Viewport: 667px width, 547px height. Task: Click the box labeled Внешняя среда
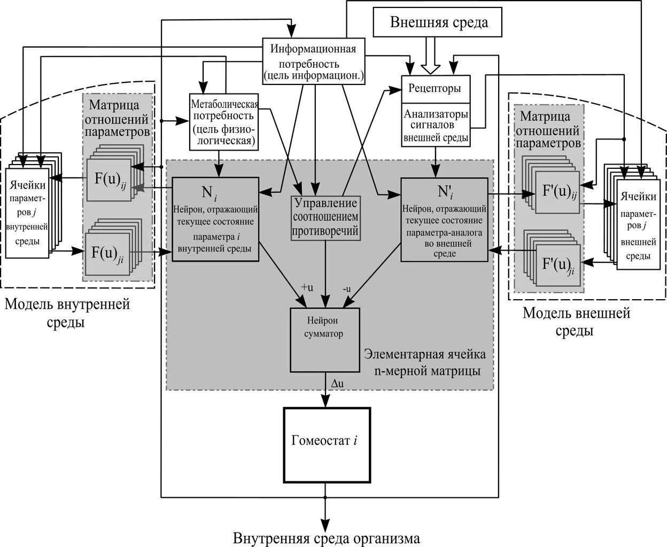pyautogui.click(x=437, y=22)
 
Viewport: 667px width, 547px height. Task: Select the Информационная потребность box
pyautogui.click(x=314, y=61)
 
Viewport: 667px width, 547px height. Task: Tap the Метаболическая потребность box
pyautogui.click(x=224, y=122)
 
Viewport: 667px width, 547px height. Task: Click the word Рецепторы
pyautogui.click(x=435, y=88)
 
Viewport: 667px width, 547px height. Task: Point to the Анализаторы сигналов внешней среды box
pyautogui.click(x=436, y=125)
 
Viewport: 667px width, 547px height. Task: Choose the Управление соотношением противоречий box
pyautogui.click(x=325, y=218)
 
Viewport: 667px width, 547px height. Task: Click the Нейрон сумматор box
pyautogui.click(x=325, y=340)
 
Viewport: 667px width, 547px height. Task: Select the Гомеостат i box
pyautogui.click(x=327, y=445)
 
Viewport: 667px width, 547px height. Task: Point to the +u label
pyautogui.click(x=307, y=287)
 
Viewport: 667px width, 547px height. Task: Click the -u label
pyautogui.click(x=347, y=288)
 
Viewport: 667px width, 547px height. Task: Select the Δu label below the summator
pyautogui.click(x=337, y=384)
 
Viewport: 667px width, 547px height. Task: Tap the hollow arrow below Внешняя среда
pyautogui.click(x=430, y=56)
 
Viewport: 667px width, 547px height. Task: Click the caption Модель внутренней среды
pyautogui.click(x=67, y=314)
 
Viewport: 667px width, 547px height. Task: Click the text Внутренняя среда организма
pyautogui.click(x=327, y=538)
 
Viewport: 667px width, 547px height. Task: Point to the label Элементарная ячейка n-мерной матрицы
pyautogui.click(x=425, y=362)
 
